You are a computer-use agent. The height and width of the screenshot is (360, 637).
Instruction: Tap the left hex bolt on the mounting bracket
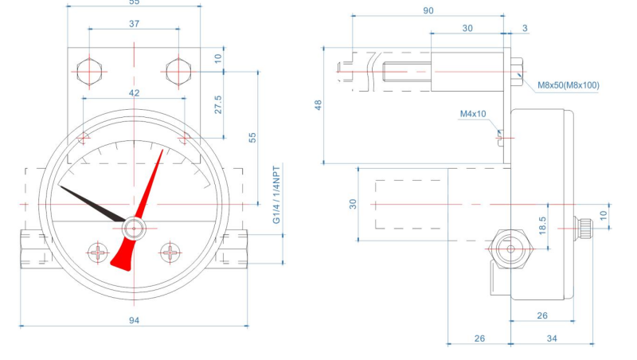tap(89, 71)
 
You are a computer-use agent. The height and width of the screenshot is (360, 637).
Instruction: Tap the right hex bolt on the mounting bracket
tap(178, 71)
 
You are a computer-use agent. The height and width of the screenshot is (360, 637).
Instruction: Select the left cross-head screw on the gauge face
tap(98, 253)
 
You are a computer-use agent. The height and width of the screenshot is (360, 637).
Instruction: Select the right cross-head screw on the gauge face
tap(171, 253)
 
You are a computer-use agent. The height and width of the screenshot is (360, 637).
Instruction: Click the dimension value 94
tap(134, 320)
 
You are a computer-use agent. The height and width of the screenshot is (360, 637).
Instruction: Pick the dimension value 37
tap(134, 24)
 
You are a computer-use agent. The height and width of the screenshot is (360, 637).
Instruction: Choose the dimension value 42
tap(134, 93)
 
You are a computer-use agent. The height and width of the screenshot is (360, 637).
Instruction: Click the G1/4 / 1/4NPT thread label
tap(276, 196)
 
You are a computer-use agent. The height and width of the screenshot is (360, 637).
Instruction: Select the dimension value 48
tap(318, 104)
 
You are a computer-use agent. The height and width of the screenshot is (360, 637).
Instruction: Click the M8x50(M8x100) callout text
tap(569, 84)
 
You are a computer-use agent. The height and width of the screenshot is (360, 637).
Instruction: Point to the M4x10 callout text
tap(473, 114)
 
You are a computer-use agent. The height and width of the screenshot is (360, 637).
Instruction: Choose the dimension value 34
tap(552, 338)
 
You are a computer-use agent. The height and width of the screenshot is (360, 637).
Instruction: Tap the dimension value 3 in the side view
tap(525, 28)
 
